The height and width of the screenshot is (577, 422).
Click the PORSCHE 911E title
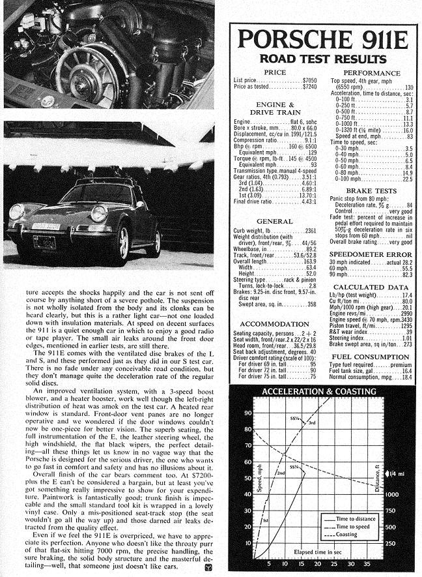(x=323, y=40)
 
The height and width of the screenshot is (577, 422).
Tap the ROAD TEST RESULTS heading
(x=322, y=59)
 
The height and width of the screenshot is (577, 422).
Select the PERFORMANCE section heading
(x=372, y=73)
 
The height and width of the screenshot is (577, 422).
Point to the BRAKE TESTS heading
(x=372, y=192)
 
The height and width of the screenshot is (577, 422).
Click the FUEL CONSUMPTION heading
(x=372, y=357)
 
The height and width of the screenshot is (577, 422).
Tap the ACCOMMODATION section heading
(x=274, y=324)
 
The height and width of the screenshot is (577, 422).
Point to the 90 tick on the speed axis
(x=248, y=413)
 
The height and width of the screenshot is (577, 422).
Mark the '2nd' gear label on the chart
(x=281, y=473)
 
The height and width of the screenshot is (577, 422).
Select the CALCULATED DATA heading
(x=372, y=287)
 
